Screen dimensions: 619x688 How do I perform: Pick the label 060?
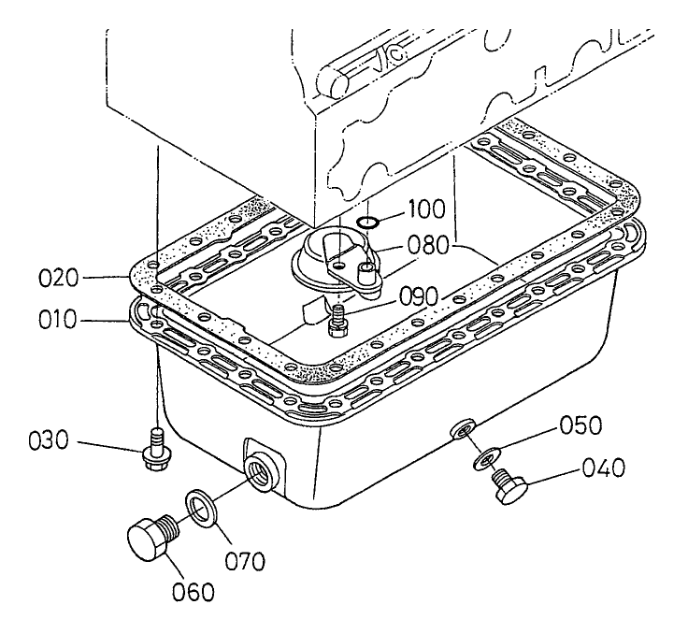pyautogui.click(x=193, y=590)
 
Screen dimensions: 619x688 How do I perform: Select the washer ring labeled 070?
pyautogui.click(x=198, y=506)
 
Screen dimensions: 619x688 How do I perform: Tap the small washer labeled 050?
pyautogui.click(x=483, y=458)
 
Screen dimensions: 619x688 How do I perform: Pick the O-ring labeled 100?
pyautogui.click(x=369, y=222)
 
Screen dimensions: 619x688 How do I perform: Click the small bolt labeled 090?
pyautogui.click(x=337, y=318)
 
